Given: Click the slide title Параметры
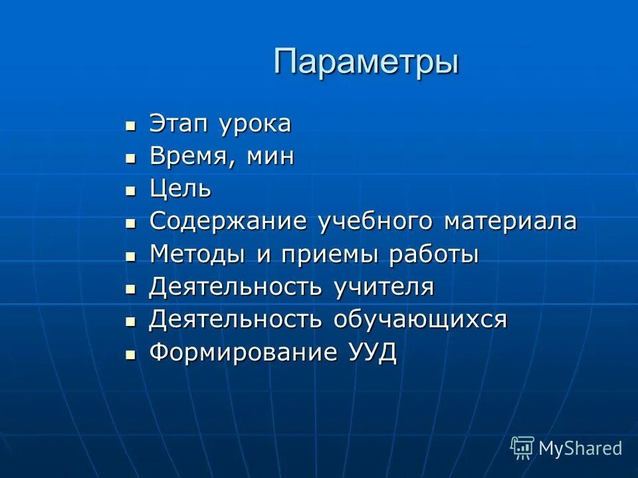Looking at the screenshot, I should click(366, 62).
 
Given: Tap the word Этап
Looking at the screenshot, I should click(175, 123).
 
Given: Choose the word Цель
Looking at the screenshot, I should click(181, 190).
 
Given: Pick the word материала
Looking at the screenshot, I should click(511, 222).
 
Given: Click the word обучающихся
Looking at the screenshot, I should click(420, 320).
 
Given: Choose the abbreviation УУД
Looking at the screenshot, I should click(372, 353).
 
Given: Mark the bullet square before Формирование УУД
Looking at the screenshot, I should click(131, 354).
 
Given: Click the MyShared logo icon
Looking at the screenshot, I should click(522, 448).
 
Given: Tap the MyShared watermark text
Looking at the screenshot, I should click(580, 448).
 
